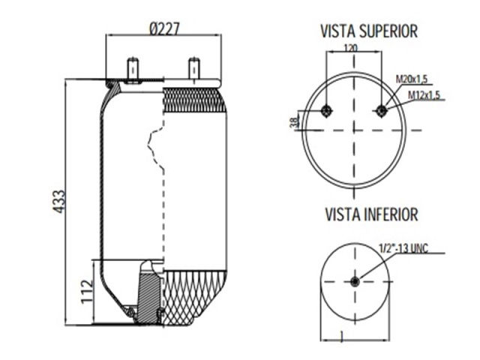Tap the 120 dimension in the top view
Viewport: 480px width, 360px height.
[x=349, y=47]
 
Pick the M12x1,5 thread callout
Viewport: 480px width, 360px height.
[x=424, y=94]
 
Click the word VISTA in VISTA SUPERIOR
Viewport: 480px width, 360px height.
[x=335, y=31]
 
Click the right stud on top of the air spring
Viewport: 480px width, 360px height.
[x=193, y=68]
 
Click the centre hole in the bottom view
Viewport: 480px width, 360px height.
[x=355, y=281]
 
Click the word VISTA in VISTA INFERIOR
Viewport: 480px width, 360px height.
[x=340, y=215]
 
